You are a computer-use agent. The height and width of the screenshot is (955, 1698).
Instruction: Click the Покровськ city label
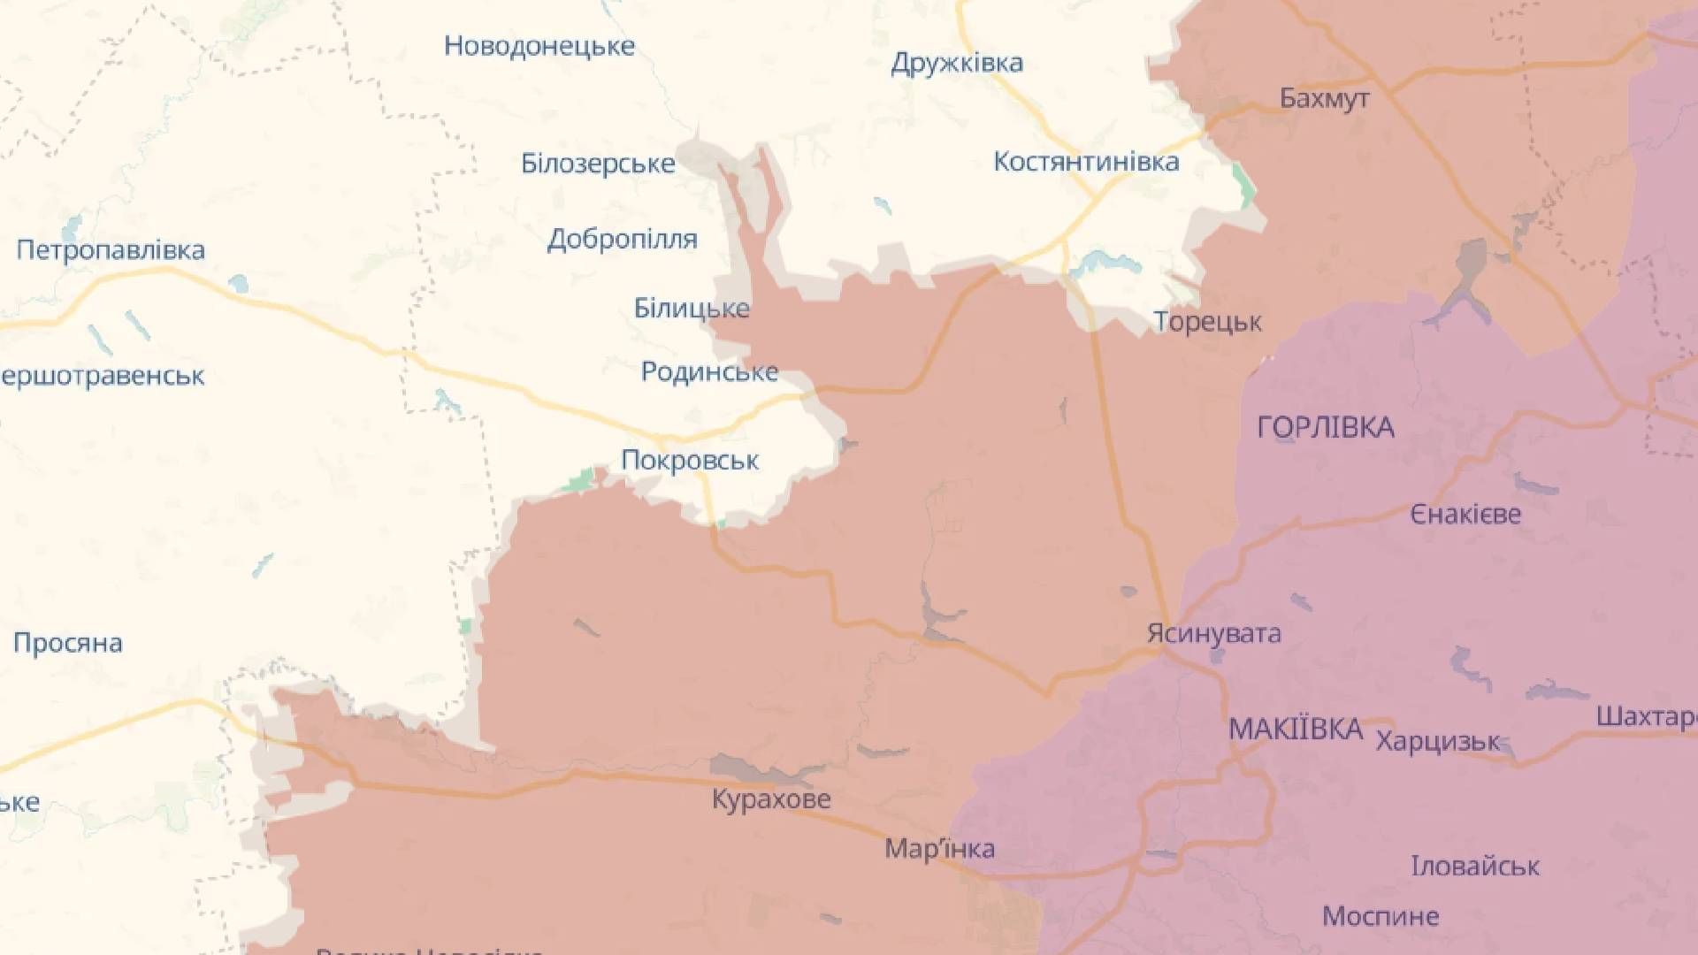pos(690,461)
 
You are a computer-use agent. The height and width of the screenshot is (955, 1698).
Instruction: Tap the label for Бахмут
pos(1324,98)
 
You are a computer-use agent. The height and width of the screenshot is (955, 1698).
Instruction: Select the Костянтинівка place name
pos(1086,162)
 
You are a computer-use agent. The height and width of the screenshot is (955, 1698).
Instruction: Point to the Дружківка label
pos(957,63)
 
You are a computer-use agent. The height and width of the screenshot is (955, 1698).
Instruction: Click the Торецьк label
pos(1207,322)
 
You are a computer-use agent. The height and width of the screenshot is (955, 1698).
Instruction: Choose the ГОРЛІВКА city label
pos(1325,428)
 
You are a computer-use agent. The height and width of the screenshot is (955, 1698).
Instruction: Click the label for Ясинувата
pos(1213,633)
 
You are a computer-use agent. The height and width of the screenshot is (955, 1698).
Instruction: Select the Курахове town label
pos(771,799)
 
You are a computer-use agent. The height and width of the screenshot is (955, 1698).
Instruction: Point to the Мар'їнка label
pos(939,849)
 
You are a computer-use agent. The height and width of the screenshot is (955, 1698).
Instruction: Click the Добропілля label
pos(622,239)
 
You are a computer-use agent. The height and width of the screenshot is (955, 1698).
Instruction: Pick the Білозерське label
pos(598,164)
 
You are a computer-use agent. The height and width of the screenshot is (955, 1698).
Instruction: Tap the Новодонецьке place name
pos(539,46)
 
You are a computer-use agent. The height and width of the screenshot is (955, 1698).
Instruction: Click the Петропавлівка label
pos(111,250)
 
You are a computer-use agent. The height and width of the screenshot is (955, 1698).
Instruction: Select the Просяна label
pos(67,643)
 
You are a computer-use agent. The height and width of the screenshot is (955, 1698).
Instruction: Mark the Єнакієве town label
pos(1465,514)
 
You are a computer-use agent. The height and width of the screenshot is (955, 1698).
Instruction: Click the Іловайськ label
pos(1474,866)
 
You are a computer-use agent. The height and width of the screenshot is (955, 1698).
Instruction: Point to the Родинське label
pos(709,371)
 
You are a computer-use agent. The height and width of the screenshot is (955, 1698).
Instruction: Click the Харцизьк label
pos(1437,741)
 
